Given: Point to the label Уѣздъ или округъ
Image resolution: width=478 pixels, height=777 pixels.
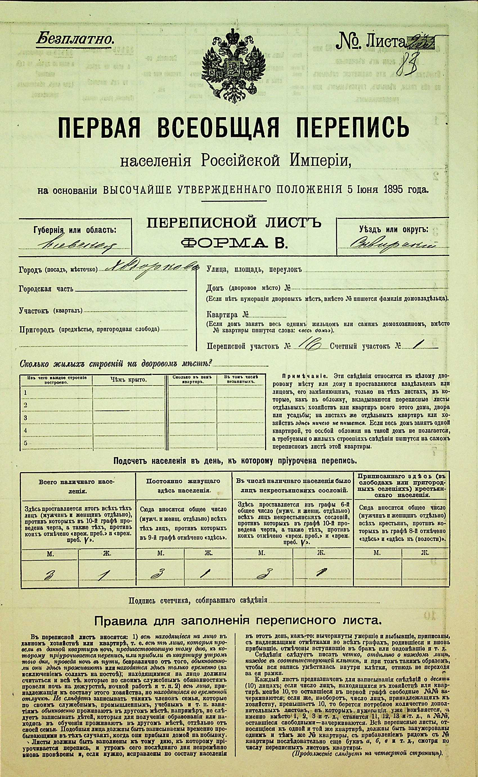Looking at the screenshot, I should [x=393, y=230].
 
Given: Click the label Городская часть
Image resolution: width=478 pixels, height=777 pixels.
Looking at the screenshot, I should [x=46, y=289].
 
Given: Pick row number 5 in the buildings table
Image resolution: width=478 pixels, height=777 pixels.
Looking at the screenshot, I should [x=26, y=443].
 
